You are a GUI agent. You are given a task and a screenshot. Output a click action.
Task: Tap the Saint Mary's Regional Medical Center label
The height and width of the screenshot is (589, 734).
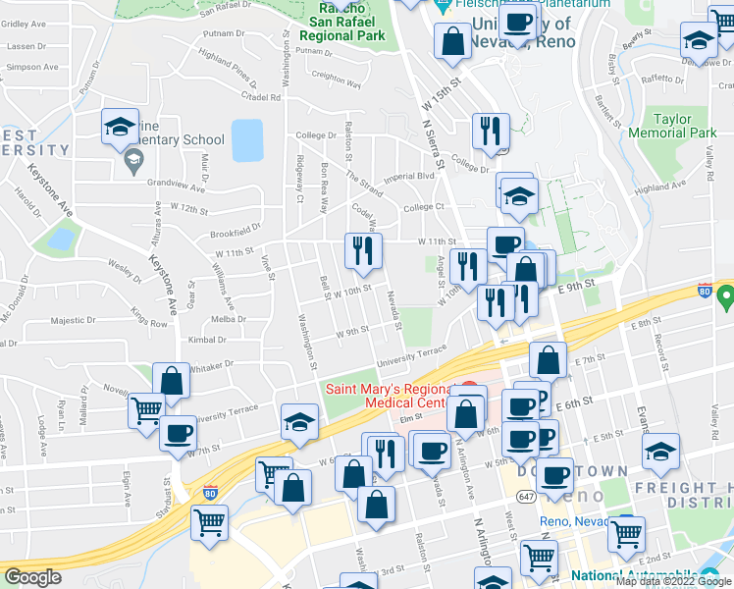pyautogui.click(x=398, y=396)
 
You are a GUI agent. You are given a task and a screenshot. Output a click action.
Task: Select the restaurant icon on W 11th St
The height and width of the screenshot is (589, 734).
pyautogui.click(x=363, y=253)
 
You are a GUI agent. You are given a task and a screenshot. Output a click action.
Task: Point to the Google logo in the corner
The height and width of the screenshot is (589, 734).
pyautogui.click(x=31, y=577)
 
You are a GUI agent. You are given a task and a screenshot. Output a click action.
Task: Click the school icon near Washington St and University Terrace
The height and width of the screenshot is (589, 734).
pyautogui.click(x=299, y=422)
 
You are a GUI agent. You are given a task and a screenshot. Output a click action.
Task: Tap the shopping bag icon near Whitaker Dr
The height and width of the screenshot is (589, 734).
pyautogui.click(x=172, y=381)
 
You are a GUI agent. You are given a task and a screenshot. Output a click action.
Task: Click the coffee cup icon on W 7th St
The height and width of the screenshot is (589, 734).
pyautogui.click(x=179, y=434)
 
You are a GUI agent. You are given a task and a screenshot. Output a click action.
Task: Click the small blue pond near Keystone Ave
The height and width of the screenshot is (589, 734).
pyautogui.click(x=61, y=239)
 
